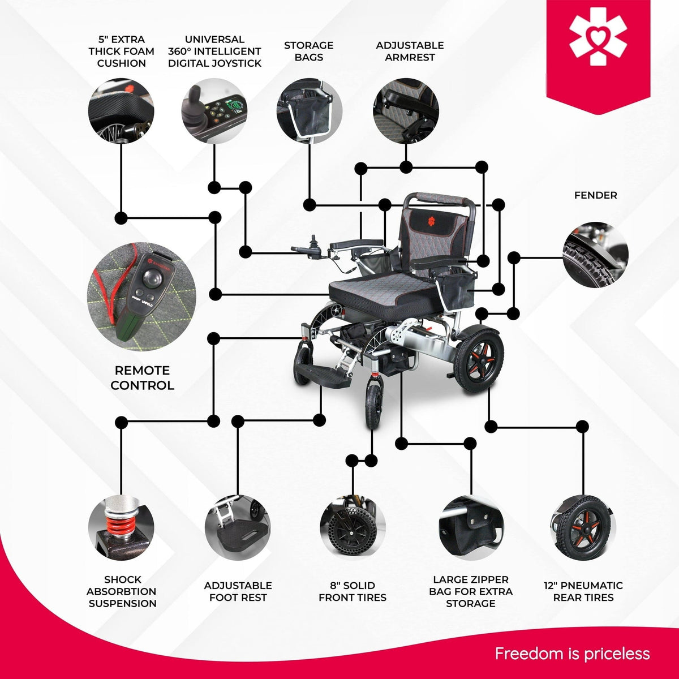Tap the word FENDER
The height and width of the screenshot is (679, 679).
coord(595,195)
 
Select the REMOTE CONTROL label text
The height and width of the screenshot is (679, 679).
coord(143,378)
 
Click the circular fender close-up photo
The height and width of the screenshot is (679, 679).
coord(595,255)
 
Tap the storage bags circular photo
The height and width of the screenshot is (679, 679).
coord(310,111)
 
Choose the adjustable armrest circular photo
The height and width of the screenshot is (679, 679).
coord(406,111)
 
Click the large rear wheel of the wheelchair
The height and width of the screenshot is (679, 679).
coord(478,362)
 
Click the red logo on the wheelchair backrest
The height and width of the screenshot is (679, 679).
coord(431,221)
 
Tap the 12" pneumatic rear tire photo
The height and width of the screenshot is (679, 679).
coord(583,528)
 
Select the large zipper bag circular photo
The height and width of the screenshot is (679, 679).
coord(471,528)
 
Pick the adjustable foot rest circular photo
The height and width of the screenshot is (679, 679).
coord(238,528)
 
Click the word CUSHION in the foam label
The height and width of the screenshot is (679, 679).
coord(122,63)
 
